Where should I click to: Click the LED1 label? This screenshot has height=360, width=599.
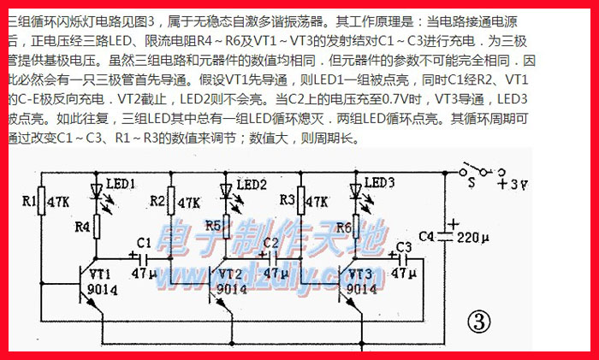pyautogui.click(x=120, y=184)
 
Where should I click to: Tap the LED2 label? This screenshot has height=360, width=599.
pyautogui.click(x=252, y=184)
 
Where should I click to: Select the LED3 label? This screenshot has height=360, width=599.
pyautogui.click(x=379, y=182)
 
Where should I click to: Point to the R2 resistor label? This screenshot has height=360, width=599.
pyautogui.click(x=158, y=202)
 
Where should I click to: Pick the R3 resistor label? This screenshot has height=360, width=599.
pyautogui.click(x=288, y=202)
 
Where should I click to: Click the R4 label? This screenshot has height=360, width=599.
pyautogui.click(x=83, y=227)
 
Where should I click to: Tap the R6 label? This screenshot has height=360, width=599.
pyautogui.click(x=342, y=227)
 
